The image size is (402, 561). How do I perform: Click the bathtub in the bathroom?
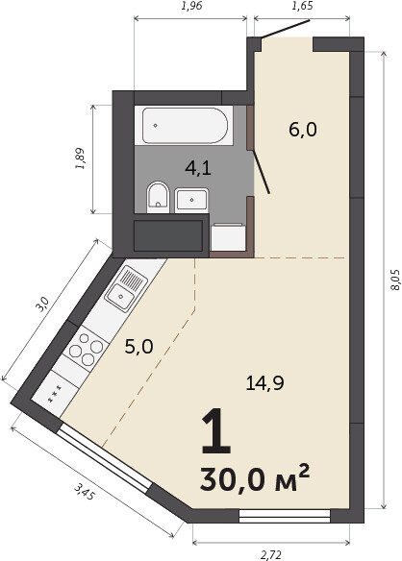tap(185, 126)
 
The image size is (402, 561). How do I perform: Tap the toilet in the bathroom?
tap(158, 198)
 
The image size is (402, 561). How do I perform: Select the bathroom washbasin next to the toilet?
tap(191, 200)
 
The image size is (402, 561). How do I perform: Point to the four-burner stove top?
tap(87, 349)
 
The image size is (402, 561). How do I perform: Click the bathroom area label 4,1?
tap(198, 168)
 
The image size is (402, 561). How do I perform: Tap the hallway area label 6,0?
tap(303, 129)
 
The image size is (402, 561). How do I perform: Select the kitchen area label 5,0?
tap(139, 347)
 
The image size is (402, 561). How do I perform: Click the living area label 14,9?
tap(265, 383)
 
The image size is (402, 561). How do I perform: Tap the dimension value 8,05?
tap(395, 280)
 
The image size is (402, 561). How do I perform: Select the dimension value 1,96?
tap(191, 6)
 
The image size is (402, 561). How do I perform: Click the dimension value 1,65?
tap(302, 6)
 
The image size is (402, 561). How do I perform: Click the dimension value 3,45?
tap(85, 492)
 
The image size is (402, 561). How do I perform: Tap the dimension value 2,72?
tap(271, 555)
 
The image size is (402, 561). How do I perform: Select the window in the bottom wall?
tap(285, 516)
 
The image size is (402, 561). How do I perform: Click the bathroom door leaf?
tap(262, 172)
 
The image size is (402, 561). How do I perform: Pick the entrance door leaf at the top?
tap(286, 28)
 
